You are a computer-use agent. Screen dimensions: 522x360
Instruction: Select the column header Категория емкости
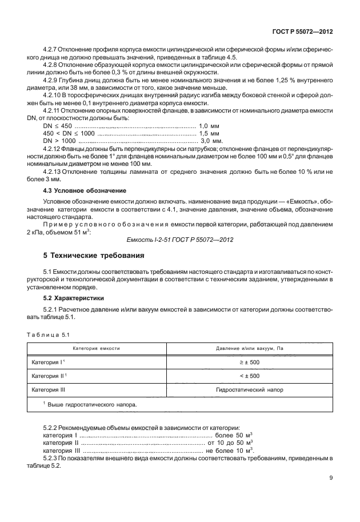[96, 348]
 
